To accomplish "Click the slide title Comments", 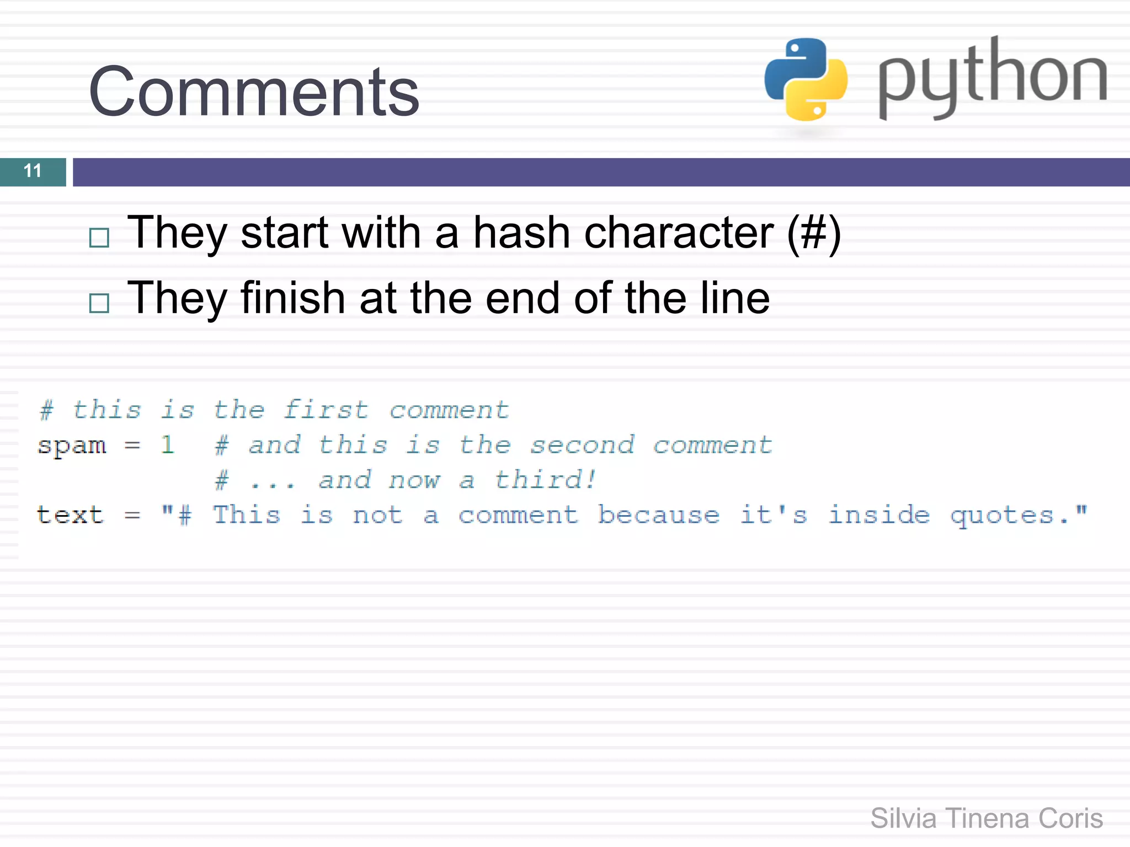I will (x=254, y=92).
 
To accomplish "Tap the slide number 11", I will (x=33, y=171).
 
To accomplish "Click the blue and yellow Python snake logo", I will (x=806, y=79).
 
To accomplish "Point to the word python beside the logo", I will (x=992, y=77).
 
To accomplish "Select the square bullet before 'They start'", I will (x=99, y=238).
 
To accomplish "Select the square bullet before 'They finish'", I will (x=99, y=303).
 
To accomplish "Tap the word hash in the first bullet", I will (x=522, y=232).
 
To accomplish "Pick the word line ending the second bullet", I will (x=735, y=298).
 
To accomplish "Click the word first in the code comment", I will (x=326, y=410).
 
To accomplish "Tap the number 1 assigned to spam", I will (x=167, y=444).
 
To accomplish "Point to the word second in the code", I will (x=582, y=444).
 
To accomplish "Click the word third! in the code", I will (x=545, y=480).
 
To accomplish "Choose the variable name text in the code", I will (x=70, y=515).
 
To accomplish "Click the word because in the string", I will (x=658, y=515).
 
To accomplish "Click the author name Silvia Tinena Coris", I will (x=986, y=818).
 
